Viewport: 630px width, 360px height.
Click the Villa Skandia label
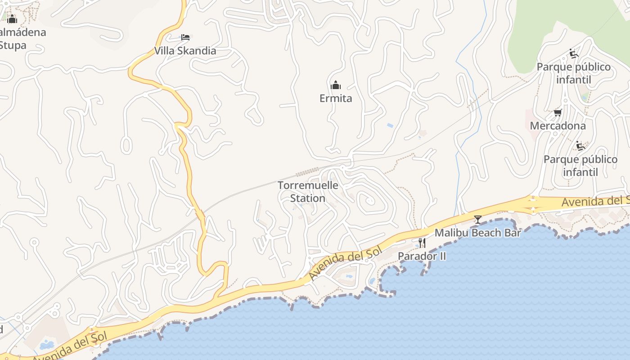pyautogui.click(x=185, y=51)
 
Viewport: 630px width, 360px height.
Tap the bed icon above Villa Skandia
pyautogui.click(x=185, y=37)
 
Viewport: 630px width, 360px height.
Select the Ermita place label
pyautogui.click(x=336, y=99)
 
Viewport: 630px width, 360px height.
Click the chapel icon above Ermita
pyautogui.click(x=336, y=85)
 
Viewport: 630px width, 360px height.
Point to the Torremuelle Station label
pyautogui.click(x=308, y=192)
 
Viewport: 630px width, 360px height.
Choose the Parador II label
pyautogui.click(x=422, y=256)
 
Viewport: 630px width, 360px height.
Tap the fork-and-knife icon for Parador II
pyautogui.click(x=422, y=243)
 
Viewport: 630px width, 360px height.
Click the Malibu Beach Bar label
pyautogui.click(x=477, y=233)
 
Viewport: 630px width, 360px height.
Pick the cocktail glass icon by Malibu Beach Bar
pyautogui.click(x=477, y=220)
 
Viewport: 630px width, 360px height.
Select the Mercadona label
pyautogui.click(x=558, y=126)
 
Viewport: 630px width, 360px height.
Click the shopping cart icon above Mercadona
pyautogui.click(x=558, y=112)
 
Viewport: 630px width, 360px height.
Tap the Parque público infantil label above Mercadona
pyautogui.click(x=573, y=73)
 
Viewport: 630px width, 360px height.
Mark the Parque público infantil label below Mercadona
pyautogui.click(x=580, y=166)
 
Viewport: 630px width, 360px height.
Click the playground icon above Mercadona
pyautogui.click(x=573, y=54)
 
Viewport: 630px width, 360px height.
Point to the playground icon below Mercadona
pyautogui.click(x=580, y=146)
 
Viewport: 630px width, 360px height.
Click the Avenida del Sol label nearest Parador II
pyautogui.click(x=345, y=263)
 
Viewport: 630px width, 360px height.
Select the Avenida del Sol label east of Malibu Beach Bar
pyautogui.click(x=595, y=201)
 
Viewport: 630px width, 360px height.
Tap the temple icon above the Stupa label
pyautogui.click(x=12, y=19)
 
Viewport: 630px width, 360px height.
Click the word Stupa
pyautogui.click(x=13, y=45)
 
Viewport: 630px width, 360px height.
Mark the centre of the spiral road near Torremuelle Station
pyautogui.click(x=369, y=200)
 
